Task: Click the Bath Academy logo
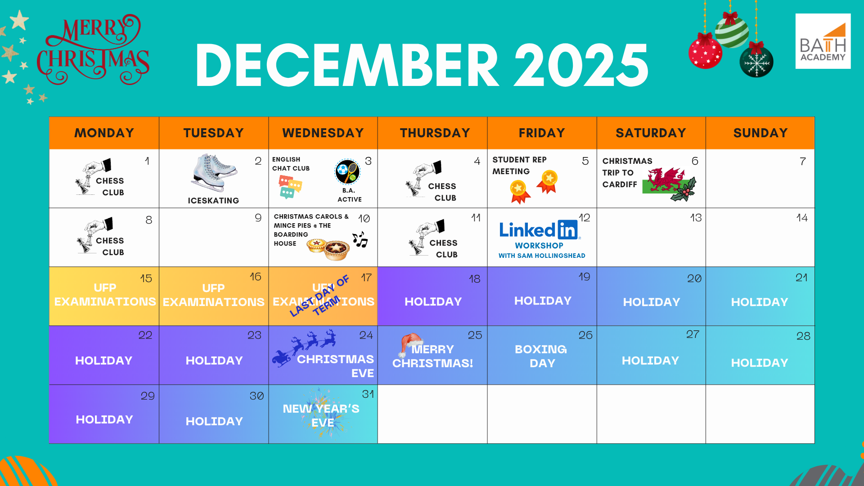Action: pos(823,41)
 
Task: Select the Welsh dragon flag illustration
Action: pos(669,184)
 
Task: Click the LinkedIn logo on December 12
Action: pos(539,229)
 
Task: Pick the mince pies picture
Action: pos(328,249)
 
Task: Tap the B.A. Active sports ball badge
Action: pos(347,171)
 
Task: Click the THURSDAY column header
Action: pos(435,133)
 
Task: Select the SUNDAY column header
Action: pos(760,133)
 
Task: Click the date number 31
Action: pos(368,394)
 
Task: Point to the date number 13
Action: pos(696,218)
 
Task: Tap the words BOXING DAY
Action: pos(541,356)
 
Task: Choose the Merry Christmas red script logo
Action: pos(93,50)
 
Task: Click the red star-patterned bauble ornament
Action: pos(705,51)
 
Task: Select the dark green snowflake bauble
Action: pos(756,61)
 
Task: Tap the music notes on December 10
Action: pos(360,239)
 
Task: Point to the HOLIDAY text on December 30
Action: pos(214,422)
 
